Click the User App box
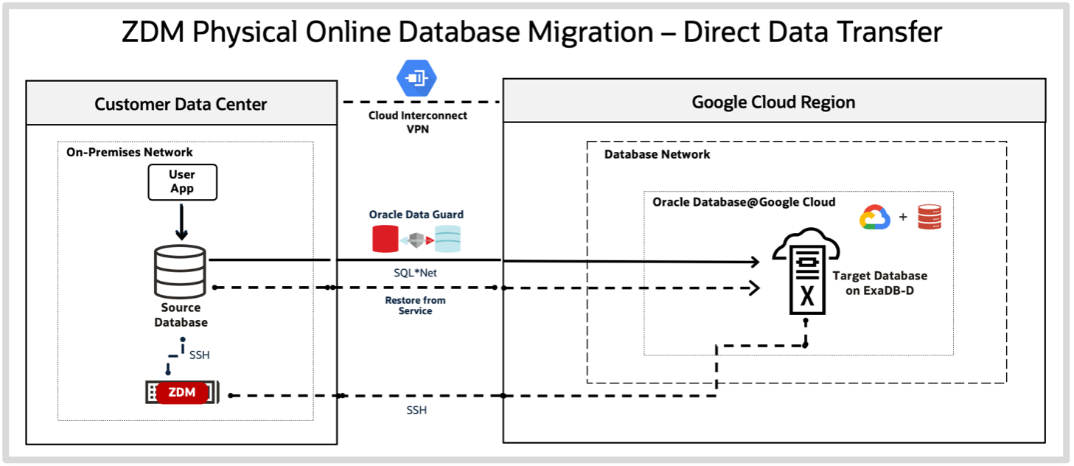click(182, 182)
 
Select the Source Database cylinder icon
click(180, 271)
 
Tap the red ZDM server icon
click(182, 392)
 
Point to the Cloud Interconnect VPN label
click(417, 122)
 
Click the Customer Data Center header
click(181, 104)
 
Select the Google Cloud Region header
click(773, 102)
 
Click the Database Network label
click(657, 154)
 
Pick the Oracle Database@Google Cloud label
click(744, 202)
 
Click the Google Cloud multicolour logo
click(875, 218)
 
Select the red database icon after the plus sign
click(930, 218)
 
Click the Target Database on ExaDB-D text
click(879, 282)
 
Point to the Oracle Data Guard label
click(416, 215)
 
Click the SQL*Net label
click(415, 273)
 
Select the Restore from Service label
click(415, 305)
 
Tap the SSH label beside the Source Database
click(199, 355)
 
